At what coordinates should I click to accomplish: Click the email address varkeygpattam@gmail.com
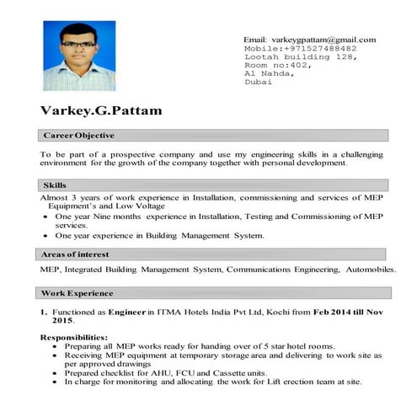(x=322, y=40)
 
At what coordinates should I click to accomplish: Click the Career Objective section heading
(x=78, y=136)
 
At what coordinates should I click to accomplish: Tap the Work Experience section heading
(x=78, y=293)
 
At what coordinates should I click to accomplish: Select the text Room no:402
(x=277, y=66)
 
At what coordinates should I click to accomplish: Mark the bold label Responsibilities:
(x=73, y=337)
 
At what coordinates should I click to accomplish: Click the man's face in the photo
(x=77, y=46)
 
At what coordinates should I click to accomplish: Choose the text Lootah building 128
(x=288, y=57)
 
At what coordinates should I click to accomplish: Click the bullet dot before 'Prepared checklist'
(x=55, y=372)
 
